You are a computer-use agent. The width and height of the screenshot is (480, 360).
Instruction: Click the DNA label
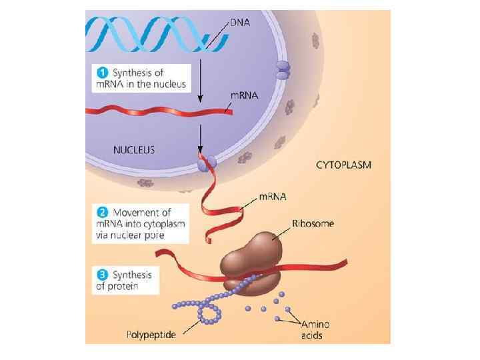pos(240,22)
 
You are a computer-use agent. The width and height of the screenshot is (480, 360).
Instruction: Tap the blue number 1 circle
pos(100,72)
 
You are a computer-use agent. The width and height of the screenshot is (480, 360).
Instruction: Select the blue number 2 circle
pos(100,211)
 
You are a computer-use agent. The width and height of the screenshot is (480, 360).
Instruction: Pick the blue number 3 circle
pos(100,275)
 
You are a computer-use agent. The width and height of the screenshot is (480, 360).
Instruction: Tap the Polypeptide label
pos(151,334)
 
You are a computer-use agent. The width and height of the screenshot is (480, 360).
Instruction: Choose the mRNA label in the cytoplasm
pos(273,197)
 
